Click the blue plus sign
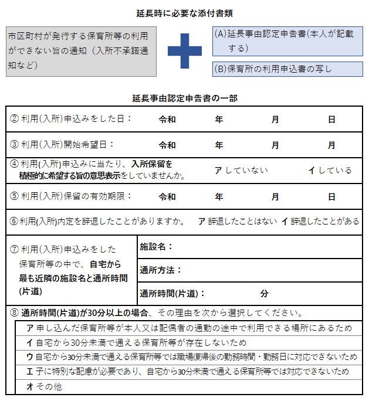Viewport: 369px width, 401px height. click(185, 51)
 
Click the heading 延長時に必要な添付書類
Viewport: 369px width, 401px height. click(184, 13)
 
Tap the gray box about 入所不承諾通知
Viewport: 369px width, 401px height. click(81, 51)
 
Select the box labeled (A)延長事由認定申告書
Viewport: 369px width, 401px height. click(287, 40)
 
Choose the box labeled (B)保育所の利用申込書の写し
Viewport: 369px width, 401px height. click(287, 69)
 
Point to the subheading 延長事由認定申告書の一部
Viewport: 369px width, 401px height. click(185, 98)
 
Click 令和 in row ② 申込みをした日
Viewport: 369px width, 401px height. click(167, 120)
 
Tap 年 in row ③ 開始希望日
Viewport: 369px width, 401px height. click(219, 145)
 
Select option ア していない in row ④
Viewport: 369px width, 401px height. click(241, 170)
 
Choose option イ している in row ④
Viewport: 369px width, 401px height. click(330, 170)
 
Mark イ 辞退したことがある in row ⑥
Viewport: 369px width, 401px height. click(320, 221)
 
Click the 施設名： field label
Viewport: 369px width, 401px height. click(157, 247)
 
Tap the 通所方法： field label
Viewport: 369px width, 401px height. click(161, 270)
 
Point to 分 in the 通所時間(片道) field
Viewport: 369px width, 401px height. click(264, 293)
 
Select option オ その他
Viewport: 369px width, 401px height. click(45, 387)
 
